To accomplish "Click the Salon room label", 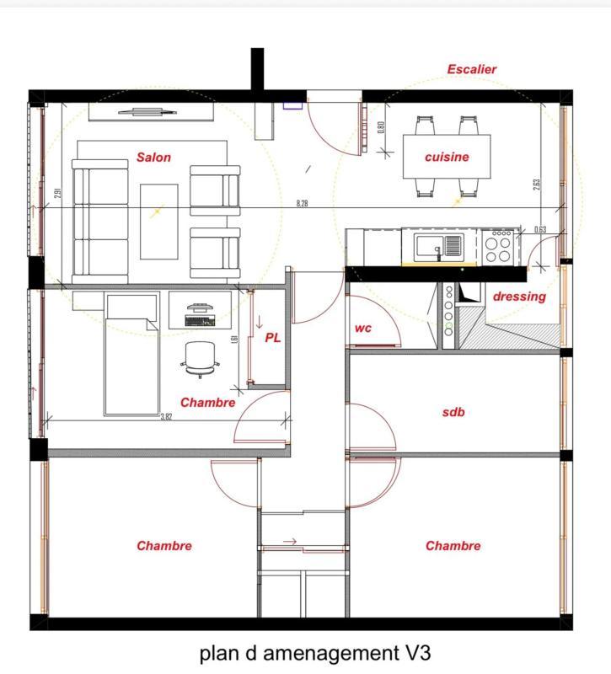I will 153,158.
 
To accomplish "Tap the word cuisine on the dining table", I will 447,157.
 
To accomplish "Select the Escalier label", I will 471,69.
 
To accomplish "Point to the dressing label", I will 519,297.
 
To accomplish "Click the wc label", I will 364,328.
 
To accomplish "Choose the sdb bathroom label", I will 453,412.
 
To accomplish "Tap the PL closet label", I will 273,337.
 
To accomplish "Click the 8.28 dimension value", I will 302,204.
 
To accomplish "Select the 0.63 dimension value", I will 540,229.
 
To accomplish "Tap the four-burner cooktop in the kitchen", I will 499,246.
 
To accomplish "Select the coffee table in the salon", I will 158,221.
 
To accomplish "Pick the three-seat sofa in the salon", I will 100,220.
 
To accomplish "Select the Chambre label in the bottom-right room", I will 453,546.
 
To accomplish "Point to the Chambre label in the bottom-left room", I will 164,546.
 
